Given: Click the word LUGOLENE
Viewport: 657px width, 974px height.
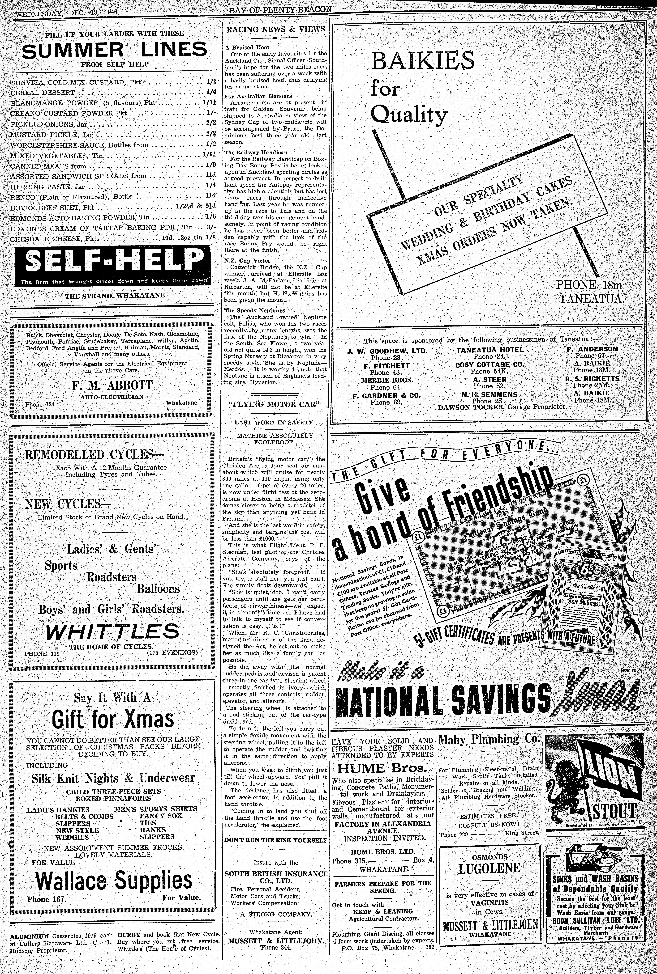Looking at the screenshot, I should click(x=489, y=868).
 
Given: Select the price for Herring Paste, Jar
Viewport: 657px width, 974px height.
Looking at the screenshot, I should click(x=211, y=185).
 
